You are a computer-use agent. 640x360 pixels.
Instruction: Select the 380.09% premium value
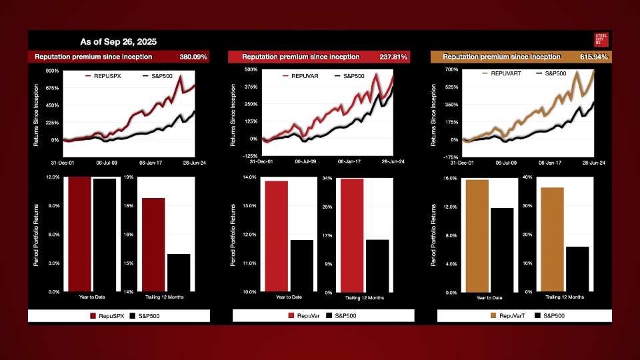point(193,57)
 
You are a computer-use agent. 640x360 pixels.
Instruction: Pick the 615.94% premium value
point(595,57)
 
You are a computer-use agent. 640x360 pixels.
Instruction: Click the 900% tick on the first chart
point(52,71)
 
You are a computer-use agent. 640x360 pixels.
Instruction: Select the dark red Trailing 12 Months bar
point(153,245)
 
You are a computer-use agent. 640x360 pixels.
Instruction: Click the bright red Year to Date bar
point(276,236)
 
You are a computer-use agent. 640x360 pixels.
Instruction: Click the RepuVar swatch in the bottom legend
point(291,315)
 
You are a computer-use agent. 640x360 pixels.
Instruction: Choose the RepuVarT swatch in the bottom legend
point(493,315)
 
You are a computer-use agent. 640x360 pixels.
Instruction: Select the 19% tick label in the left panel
point(129,177)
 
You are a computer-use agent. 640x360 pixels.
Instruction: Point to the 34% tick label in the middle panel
point(327,179)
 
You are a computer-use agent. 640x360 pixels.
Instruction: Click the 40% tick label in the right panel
point(528,177)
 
